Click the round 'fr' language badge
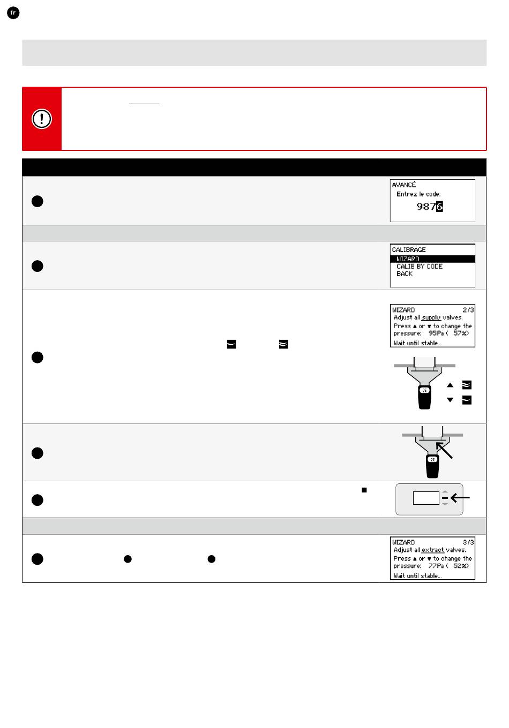click(13, 13)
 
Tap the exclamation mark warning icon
click(42, 119)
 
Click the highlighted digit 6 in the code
click(439, 207)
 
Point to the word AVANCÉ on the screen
click(404, 185)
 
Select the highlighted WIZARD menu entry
click(408, 259)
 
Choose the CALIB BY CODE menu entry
click(419, 267)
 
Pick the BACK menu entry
click(405, 274)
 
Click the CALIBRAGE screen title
click(409, 250)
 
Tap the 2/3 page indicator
click(468, 310)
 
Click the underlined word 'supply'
click(431, 317)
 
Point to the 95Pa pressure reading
click(436, 333)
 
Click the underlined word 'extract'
click(432, 550)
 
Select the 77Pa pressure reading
click(436, 566)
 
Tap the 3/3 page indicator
click(468, 542)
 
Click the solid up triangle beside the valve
click(450, 385)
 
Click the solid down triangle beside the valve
click(450, 400)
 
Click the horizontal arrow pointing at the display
click(461, 498)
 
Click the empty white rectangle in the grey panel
click(426, 498)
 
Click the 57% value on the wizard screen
click(460, 333)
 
